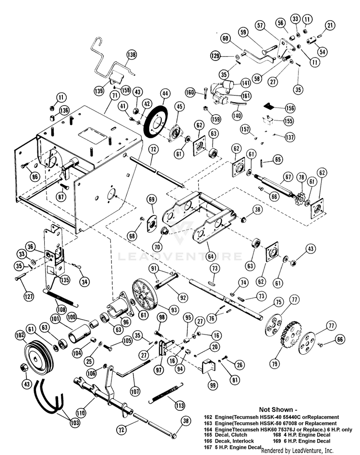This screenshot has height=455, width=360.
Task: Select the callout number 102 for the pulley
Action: [x=21, y=335]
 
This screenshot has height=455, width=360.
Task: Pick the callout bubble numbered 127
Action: [x=30, y=296]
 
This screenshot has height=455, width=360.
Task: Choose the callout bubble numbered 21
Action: [x=330, y=25]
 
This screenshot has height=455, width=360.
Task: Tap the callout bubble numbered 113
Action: [x=180, y=405]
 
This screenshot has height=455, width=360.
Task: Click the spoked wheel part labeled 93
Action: [x=144, y=296]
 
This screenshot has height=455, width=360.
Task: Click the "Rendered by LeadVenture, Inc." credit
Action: [x=297, y=450]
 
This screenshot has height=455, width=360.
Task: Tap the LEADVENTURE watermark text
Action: [x=180, y=256]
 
